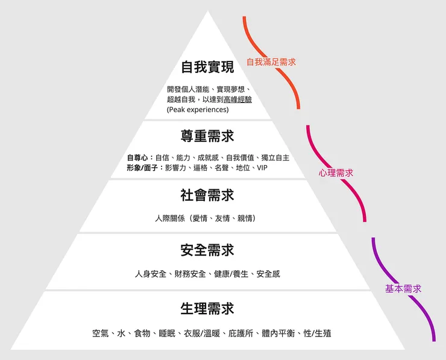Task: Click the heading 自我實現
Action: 207,67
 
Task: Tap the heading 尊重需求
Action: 207,136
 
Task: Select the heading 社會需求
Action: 207,195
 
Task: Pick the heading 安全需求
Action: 207,250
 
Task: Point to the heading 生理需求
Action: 207,309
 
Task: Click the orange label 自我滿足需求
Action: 271,62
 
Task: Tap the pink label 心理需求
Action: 336,173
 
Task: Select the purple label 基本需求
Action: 403,289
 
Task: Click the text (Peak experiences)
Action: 198,110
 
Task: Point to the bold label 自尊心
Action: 137,157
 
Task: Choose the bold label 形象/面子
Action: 143,168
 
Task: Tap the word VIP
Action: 262,168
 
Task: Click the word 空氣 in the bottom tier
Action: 100,333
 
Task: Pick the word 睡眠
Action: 166,333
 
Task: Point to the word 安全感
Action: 268,274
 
